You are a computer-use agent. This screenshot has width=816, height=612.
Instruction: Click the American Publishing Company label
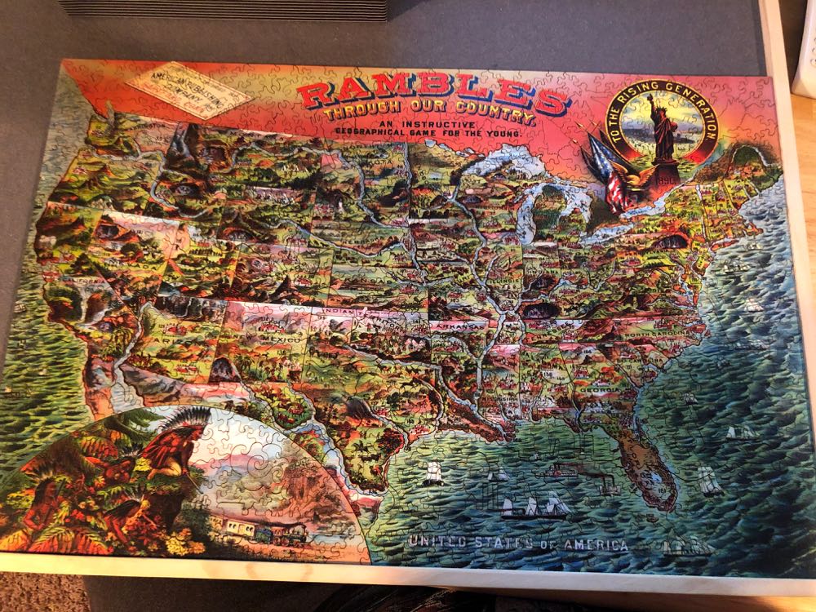pyautogui.click(x=190, y=91)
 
